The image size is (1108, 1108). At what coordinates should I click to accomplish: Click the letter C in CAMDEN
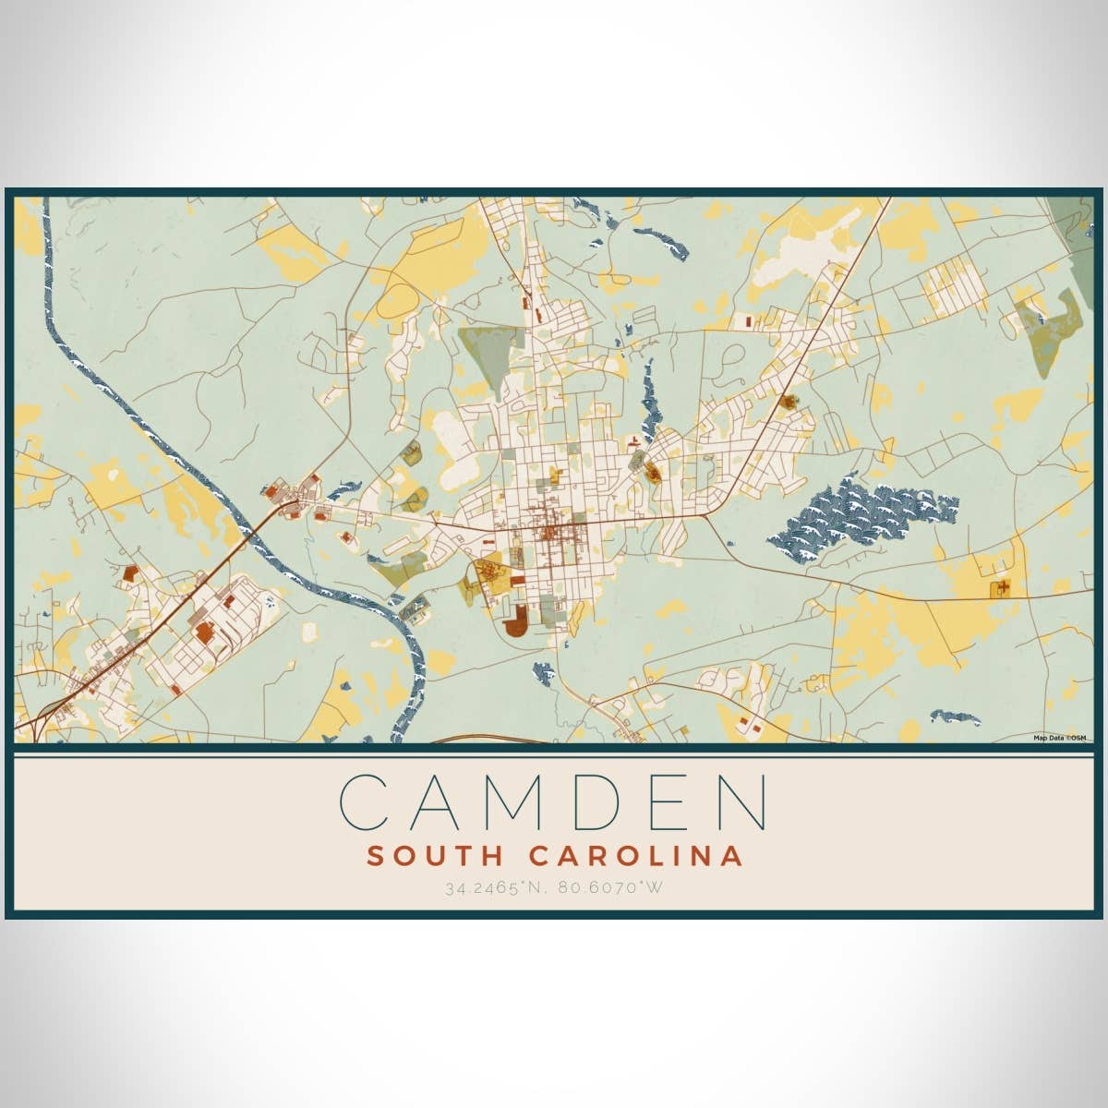pos(364,801)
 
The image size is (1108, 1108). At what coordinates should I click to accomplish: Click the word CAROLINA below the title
pos(636,856)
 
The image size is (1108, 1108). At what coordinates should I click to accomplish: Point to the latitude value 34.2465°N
pos(493,888)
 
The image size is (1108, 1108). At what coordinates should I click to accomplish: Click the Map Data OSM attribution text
pos(1059,737)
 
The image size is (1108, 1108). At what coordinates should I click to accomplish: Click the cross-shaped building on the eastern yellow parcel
pos(1000,588)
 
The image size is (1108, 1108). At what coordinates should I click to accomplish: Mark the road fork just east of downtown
pos(706,515)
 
